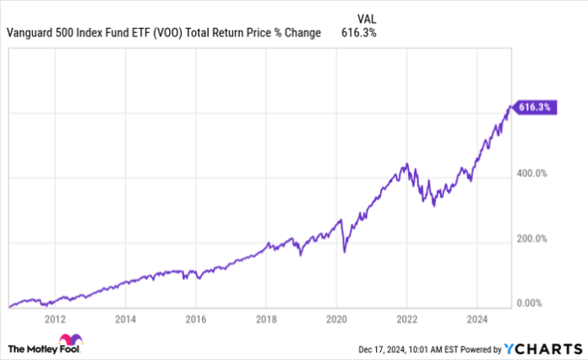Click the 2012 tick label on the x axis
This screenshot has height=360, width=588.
[x=56, y=319]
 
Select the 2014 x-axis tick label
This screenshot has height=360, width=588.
[x=126, y=319]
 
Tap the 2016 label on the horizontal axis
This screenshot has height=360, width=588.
[x=195, y=319]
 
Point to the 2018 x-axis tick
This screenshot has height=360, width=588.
[x=266, y=319]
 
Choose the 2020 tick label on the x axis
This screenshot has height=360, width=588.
[x=336, y=319]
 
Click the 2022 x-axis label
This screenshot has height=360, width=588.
[x=406, y=319]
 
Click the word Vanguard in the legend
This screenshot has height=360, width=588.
[x=30, y=33]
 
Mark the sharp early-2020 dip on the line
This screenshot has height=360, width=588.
[x=345, y=252]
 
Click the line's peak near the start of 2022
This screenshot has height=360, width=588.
[x=407, y=163]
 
